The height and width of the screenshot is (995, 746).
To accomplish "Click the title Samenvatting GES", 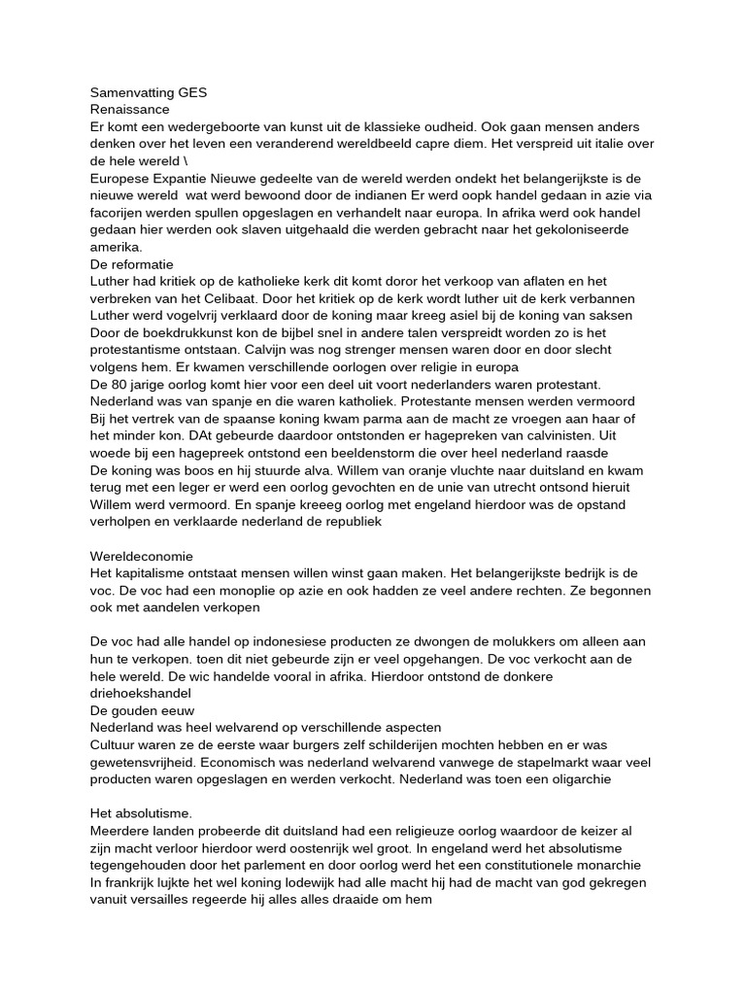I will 148,93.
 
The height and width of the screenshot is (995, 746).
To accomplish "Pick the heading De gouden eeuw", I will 143,710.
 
